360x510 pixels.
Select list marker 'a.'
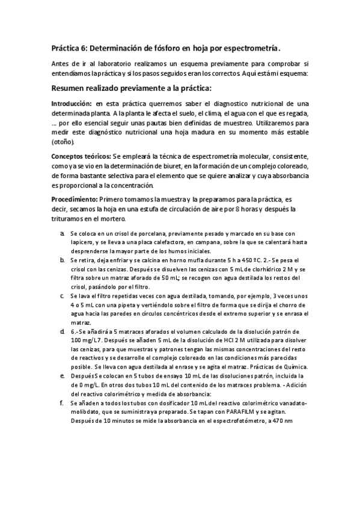coord(63,233)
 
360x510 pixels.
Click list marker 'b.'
coord(63,260)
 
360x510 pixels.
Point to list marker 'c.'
coord(63,296)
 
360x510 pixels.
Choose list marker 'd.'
coord(63,331)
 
